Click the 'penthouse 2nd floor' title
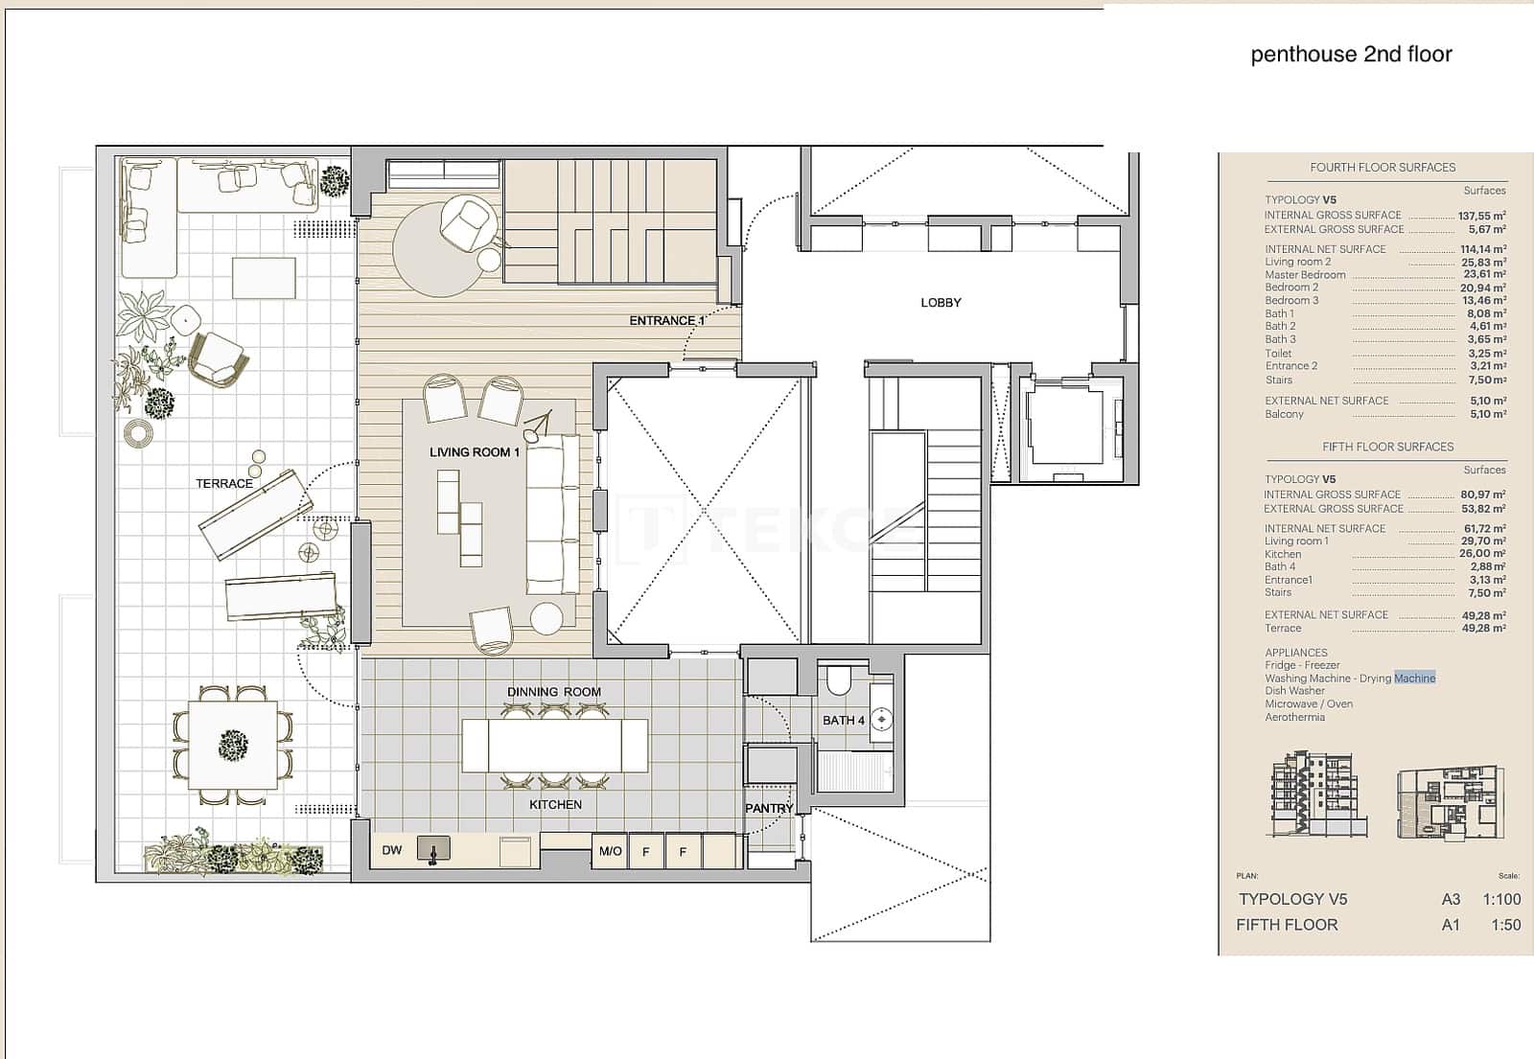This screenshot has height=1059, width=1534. tap(1351, 55)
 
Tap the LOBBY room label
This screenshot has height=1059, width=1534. tap(941, 303)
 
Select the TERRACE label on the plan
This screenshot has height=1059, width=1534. tap(224, 484)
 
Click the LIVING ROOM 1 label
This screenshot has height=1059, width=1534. tap(475, 452)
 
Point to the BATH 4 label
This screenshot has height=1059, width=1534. tap(843, 721)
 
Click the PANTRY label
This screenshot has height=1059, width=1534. tap(769, 809)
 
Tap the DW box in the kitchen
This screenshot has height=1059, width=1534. tap(392, 851)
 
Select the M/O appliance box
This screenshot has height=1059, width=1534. tap(610, 851)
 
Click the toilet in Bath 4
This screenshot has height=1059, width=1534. tap(838, 680)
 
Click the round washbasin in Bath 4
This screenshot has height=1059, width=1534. tap(882, 720)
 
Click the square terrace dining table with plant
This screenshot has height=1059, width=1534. tap(232, 745)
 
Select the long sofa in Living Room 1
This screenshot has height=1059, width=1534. tap(553, 515)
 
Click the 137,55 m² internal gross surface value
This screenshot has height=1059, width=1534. tap(1481, 217)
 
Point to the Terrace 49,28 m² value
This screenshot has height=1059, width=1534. tap(1483, 629)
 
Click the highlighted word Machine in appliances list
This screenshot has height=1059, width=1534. tap(1415, 679)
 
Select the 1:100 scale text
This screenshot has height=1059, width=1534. tap(1500, 900)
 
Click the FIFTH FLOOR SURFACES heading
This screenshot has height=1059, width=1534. tap(1387, 448)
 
